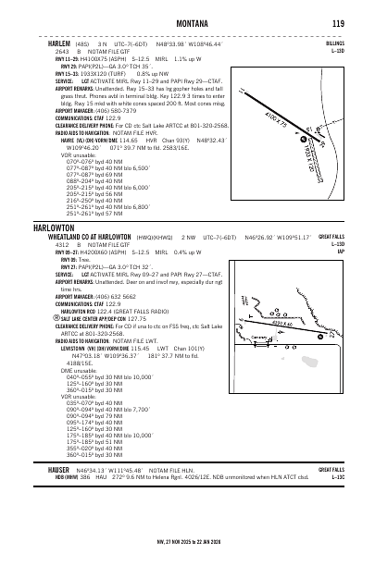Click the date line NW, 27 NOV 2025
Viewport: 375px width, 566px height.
(187, 539)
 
